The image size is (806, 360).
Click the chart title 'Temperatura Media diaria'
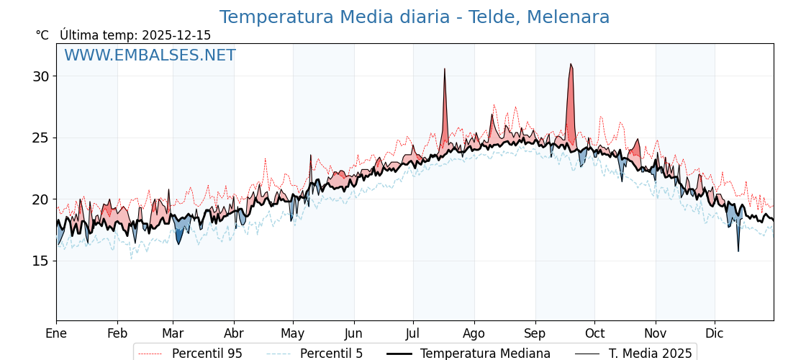(x=414, y=17)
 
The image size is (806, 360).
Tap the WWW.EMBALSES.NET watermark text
(x=150, y=55)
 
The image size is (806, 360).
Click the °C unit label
(x=42, y=35)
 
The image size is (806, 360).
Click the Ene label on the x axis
(x=56, y=333)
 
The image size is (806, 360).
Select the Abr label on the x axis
(x=234, y=333)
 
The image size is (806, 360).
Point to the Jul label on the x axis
(x=413, y=333)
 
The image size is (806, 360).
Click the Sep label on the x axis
(x=535, y=333)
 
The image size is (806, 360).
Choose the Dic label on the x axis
(x=715, y=333)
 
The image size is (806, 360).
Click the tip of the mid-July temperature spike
(x=445, y=69)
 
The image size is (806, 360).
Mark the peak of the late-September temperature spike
(x=571, y=64)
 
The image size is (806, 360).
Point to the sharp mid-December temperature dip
(x=738, y=251)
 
